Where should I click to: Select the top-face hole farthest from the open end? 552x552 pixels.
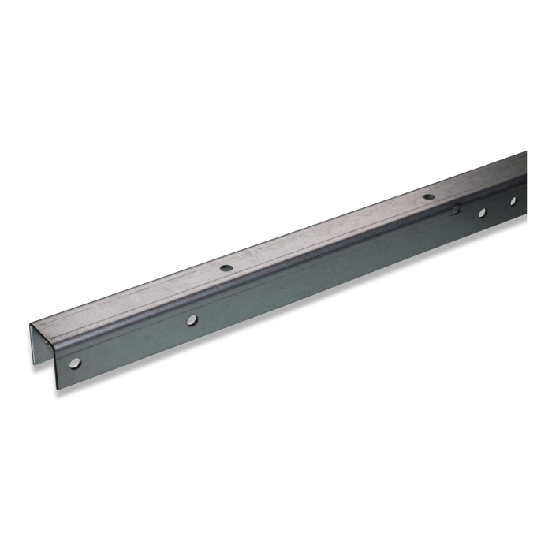click(x=428, y=197)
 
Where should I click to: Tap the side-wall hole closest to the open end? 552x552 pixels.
click(x=75, y=363)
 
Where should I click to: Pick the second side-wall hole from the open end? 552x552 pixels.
click(x=191, y=320)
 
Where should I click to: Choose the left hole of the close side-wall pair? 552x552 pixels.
click(x=481, y=212)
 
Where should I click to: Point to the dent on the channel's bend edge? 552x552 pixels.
click(x=456, y=209)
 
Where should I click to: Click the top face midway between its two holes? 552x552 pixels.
click(x=326, y=233)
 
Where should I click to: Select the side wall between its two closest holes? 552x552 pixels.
click(x=497, y=207)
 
